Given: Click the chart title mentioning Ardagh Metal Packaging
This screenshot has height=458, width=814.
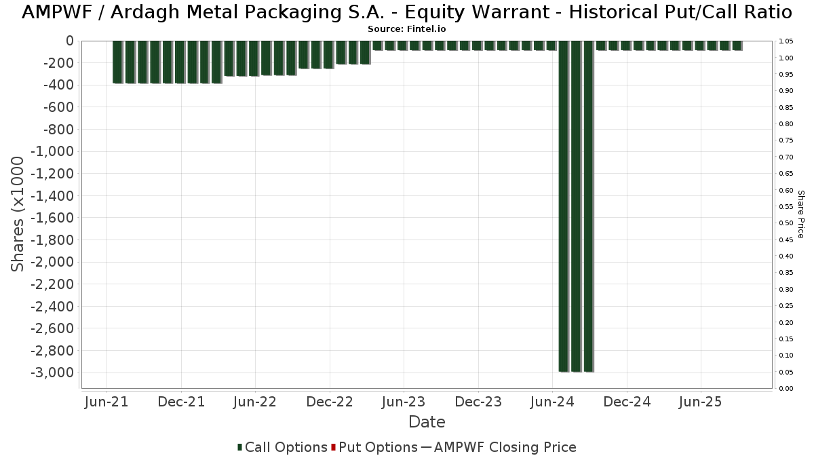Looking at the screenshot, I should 407,12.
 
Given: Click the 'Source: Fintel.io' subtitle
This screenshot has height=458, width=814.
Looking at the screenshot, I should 407,29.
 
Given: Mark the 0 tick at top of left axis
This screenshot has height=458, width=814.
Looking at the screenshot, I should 69,41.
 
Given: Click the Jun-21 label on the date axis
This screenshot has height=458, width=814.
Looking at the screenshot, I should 106,402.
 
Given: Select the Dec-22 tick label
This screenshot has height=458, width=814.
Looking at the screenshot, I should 329,402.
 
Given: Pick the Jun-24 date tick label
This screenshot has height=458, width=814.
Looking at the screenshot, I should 552,402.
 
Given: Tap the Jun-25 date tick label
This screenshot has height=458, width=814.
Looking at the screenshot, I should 700,402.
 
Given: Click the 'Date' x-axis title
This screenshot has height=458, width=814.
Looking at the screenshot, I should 427,422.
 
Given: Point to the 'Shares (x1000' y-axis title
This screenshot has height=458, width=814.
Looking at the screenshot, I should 18,214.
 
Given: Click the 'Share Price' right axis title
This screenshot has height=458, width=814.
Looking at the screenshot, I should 800,214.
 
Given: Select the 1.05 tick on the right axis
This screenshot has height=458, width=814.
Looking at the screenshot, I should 786,41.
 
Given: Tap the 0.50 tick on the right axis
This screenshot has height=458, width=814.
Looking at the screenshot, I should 786,223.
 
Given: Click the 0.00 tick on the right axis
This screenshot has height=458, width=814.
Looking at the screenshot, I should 786,388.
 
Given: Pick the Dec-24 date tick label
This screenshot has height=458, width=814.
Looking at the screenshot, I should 626,402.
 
